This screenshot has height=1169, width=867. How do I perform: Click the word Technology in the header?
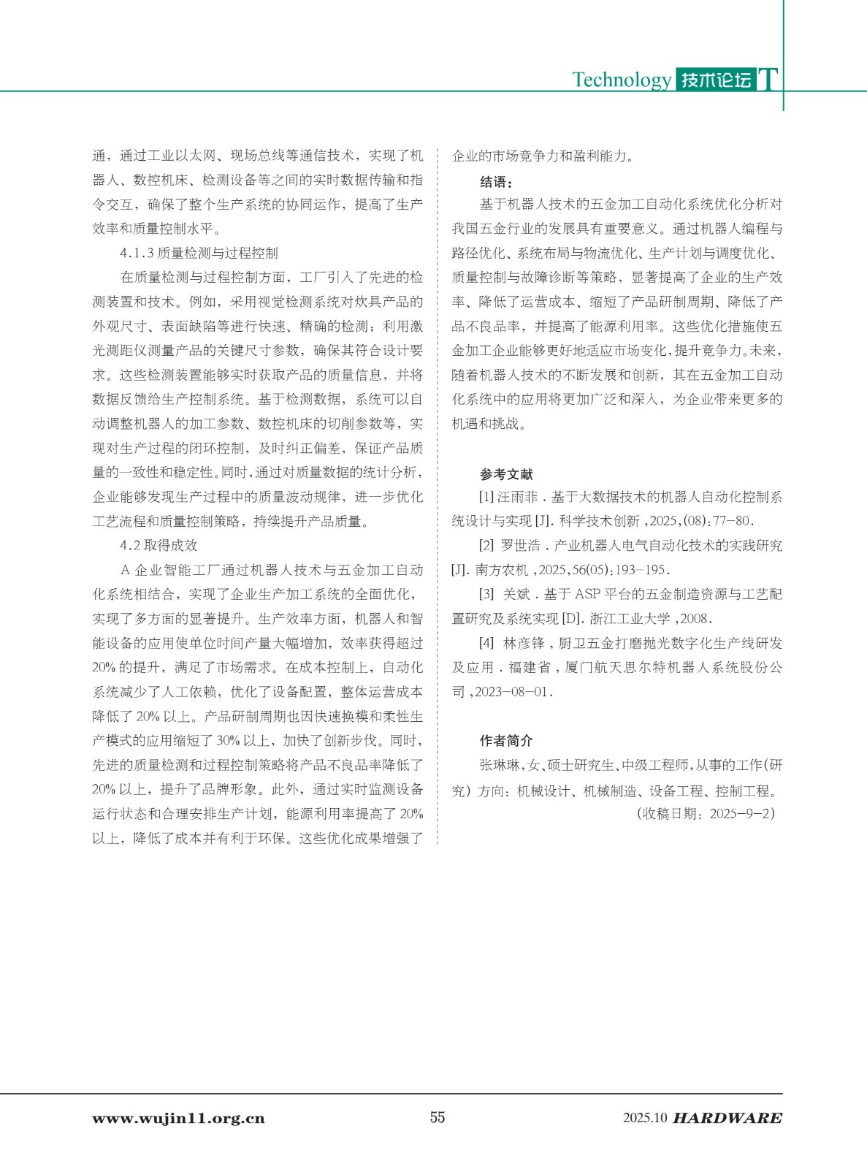(622, 80)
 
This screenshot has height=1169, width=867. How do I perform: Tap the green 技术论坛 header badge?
(715, 80)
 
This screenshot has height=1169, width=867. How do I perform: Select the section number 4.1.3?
(137, 254)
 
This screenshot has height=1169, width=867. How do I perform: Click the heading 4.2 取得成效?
(158, 546)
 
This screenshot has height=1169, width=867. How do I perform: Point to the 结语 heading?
(496, 182)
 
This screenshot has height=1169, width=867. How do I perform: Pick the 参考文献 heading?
(506, 474)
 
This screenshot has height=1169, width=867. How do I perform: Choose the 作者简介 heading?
(506, 741)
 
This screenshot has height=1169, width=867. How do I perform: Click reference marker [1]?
(486, 498)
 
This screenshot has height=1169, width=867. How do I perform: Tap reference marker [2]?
(486, 546)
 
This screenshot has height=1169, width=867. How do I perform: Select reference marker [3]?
(486, 595)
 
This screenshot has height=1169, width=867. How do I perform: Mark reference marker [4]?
(486, 644)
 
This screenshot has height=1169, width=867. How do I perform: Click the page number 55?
(437, 1117)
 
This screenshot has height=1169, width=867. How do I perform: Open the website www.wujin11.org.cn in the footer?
(178, 1119)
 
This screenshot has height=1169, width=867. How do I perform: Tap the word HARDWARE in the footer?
(727, 1119)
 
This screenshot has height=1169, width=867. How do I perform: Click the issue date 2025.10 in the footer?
(645, 1119)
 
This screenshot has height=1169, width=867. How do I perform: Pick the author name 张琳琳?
(500, 766)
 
